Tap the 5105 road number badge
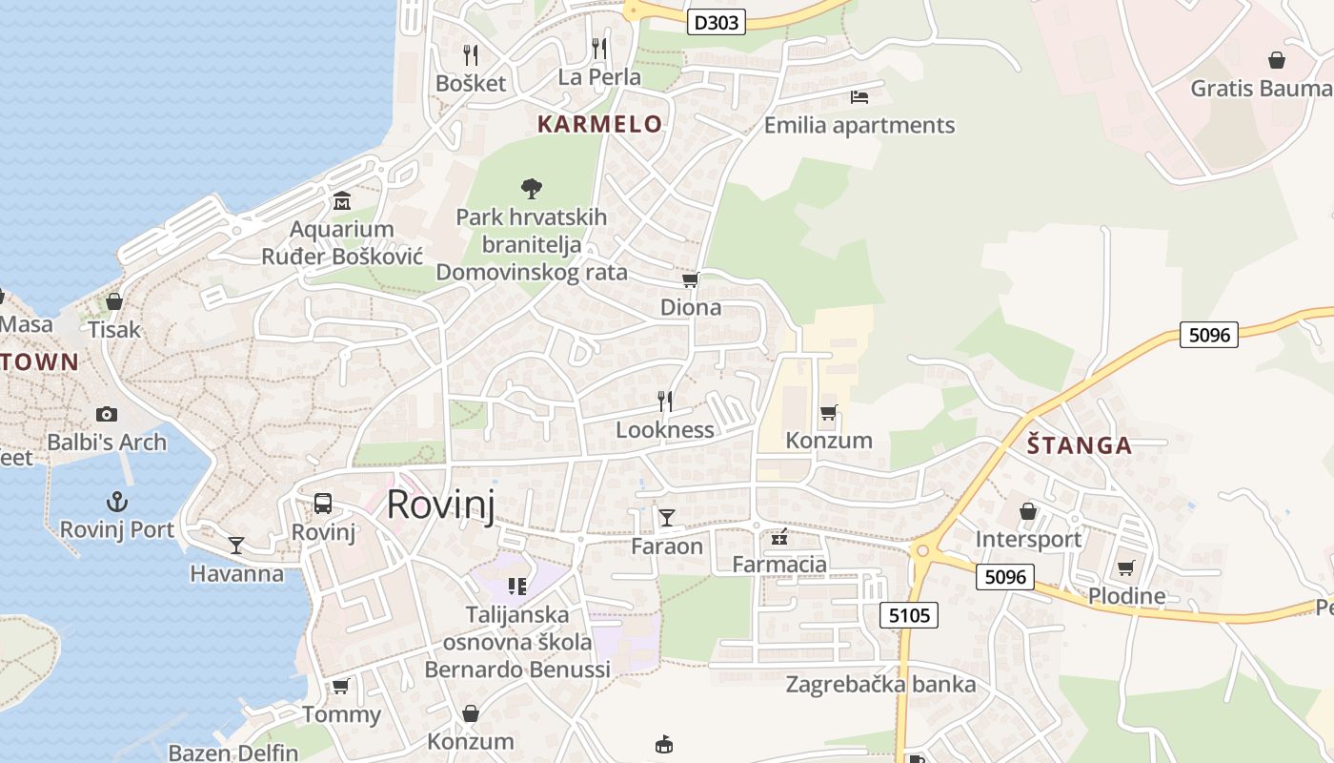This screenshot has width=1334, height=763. [x=908, y=615]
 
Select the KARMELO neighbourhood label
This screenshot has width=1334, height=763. [x=599, y=124]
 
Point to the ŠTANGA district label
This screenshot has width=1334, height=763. [x=1080, y=445]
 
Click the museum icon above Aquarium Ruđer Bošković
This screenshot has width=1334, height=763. [x=342, y=201]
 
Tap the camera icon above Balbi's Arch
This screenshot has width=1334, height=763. [x=107, y=414]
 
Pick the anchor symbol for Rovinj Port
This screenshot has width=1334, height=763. [x=117, y=501]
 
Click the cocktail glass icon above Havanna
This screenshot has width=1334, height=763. [x=236, y=545]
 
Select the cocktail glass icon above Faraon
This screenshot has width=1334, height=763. [x=667, y=518]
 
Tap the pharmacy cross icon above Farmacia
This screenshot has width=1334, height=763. [x=779, y=537]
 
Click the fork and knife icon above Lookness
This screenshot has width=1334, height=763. [x=665, y=401]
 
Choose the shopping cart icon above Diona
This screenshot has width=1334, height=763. [x=691, y=279]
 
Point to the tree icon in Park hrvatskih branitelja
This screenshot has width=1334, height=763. [x=532, y=189]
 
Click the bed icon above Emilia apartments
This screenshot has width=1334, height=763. [x=859, y=97]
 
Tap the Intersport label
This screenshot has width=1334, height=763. [x=1028, y=540]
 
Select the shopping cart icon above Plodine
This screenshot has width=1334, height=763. [x=1126, y=568]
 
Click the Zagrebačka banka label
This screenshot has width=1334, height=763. [x=880, y=685]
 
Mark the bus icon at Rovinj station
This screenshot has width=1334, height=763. [x=323, y=503]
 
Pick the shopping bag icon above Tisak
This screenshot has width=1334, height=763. [x=114, y=301]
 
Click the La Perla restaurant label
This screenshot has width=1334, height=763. [x=599, y=77]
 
